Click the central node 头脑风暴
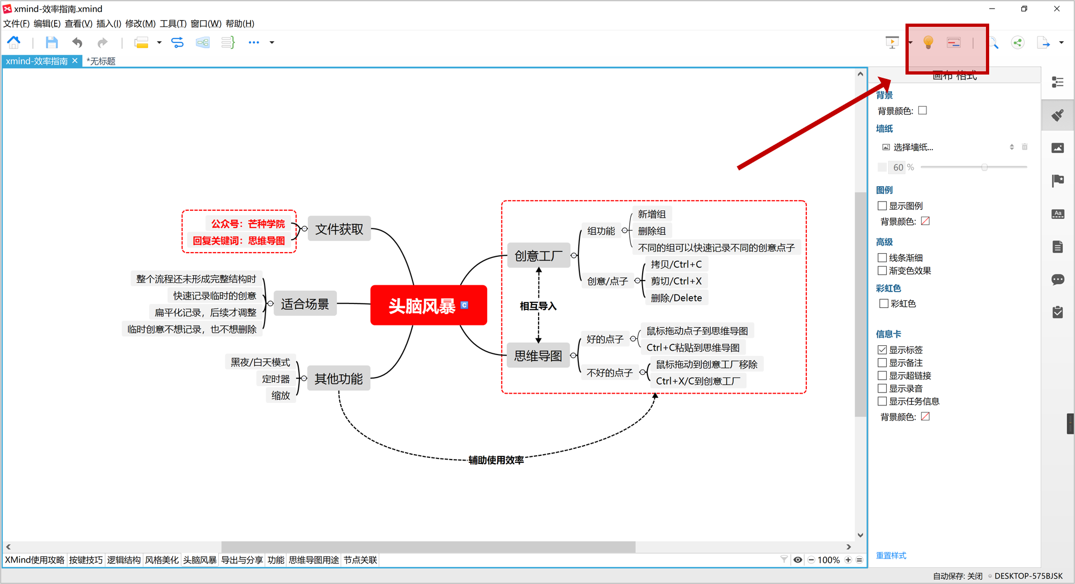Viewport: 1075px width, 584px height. coord(422,306)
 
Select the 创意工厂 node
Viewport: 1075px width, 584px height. coord(538,256)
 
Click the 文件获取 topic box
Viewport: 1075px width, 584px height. coord(339,230)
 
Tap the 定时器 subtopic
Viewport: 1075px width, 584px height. coord(276,379)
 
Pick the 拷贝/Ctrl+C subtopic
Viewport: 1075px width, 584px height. coord(676,264)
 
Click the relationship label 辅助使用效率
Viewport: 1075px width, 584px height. coord(496,460)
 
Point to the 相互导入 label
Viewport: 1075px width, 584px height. coord(538,306)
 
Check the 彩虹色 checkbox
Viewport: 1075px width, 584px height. coord(883,304)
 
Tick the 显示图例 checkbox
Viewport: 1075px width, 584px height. coord(882,206)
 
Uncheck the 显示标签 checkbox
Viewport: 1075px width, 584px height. coord(882,350)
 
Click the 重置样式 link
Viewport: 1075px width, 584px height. coord(891,556)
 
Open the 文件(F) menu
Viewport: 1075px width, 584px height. coord(16,24)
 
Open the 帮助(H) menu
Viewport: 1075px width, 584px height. coord(240,24)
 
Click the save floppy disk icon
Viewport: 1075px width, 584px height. coord(51,42)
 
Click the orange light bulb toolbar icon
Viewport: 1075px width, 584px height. coord(928,42)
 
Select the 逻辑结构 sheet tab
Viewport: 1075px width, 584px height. coord(123,560)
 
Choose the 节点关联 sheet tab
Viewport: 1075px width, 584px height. coord(360,560)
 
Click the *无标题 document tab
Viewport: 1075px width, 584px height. coord(101,61)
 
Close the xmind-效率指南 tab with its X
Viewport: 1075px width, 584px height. coord(75,61)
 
